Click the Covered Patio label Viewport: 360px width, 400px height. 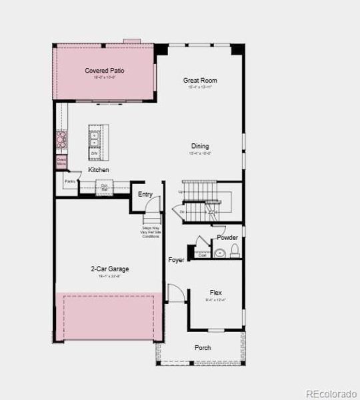104,71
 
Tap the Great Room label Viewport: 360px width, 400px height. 200,81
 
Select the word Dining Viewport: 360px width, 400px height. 200,146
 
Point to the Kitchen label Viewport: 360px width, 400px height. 99,170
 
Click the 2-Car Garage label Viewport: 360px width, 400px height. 110,269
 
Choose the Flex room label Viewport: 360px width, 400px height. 216,293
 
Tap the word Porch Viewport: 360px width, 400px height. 203,348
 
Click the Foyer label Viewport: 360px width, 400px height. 176,260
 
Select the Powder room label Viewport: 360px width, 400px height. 227,237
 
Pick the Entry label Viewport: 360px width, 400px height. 145,195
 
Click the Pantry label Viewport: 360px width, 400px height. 69,181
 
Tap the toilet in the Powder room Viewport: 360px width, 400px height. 234,251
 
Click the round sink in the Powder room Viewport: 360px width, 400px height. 219,253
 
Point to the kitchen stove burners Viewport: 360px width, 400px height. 61,140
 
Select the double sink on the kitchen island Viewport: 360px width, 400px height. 94,140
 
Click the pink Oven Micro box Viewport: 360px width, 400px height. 61,161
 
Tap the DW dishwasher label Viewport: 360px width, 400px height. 94,154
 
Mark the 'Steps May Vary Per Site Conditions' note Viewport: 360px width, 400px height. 151,233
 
